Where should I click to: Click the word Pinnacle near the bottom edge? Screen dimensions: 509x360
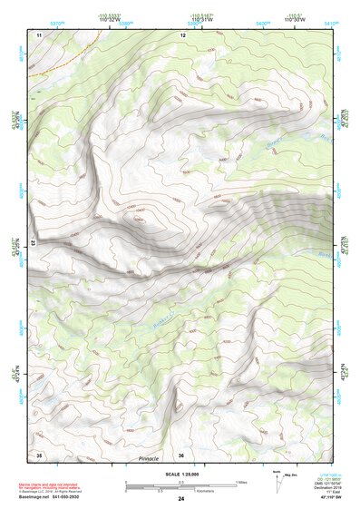(148, 459)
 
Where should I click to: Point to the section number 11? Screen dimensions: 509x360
(39, 34)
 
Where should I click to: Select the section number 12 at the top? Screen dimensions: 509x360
(182, 34)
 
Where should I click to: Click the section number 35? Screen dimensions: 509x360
(39, 455)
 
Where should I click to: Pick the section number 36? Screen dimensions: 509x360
(182, 455)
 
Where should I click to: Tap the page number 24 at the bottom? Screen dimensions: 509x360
(181, 500)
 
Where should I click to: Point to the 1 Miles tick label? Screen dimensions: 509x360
(239, 482)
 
